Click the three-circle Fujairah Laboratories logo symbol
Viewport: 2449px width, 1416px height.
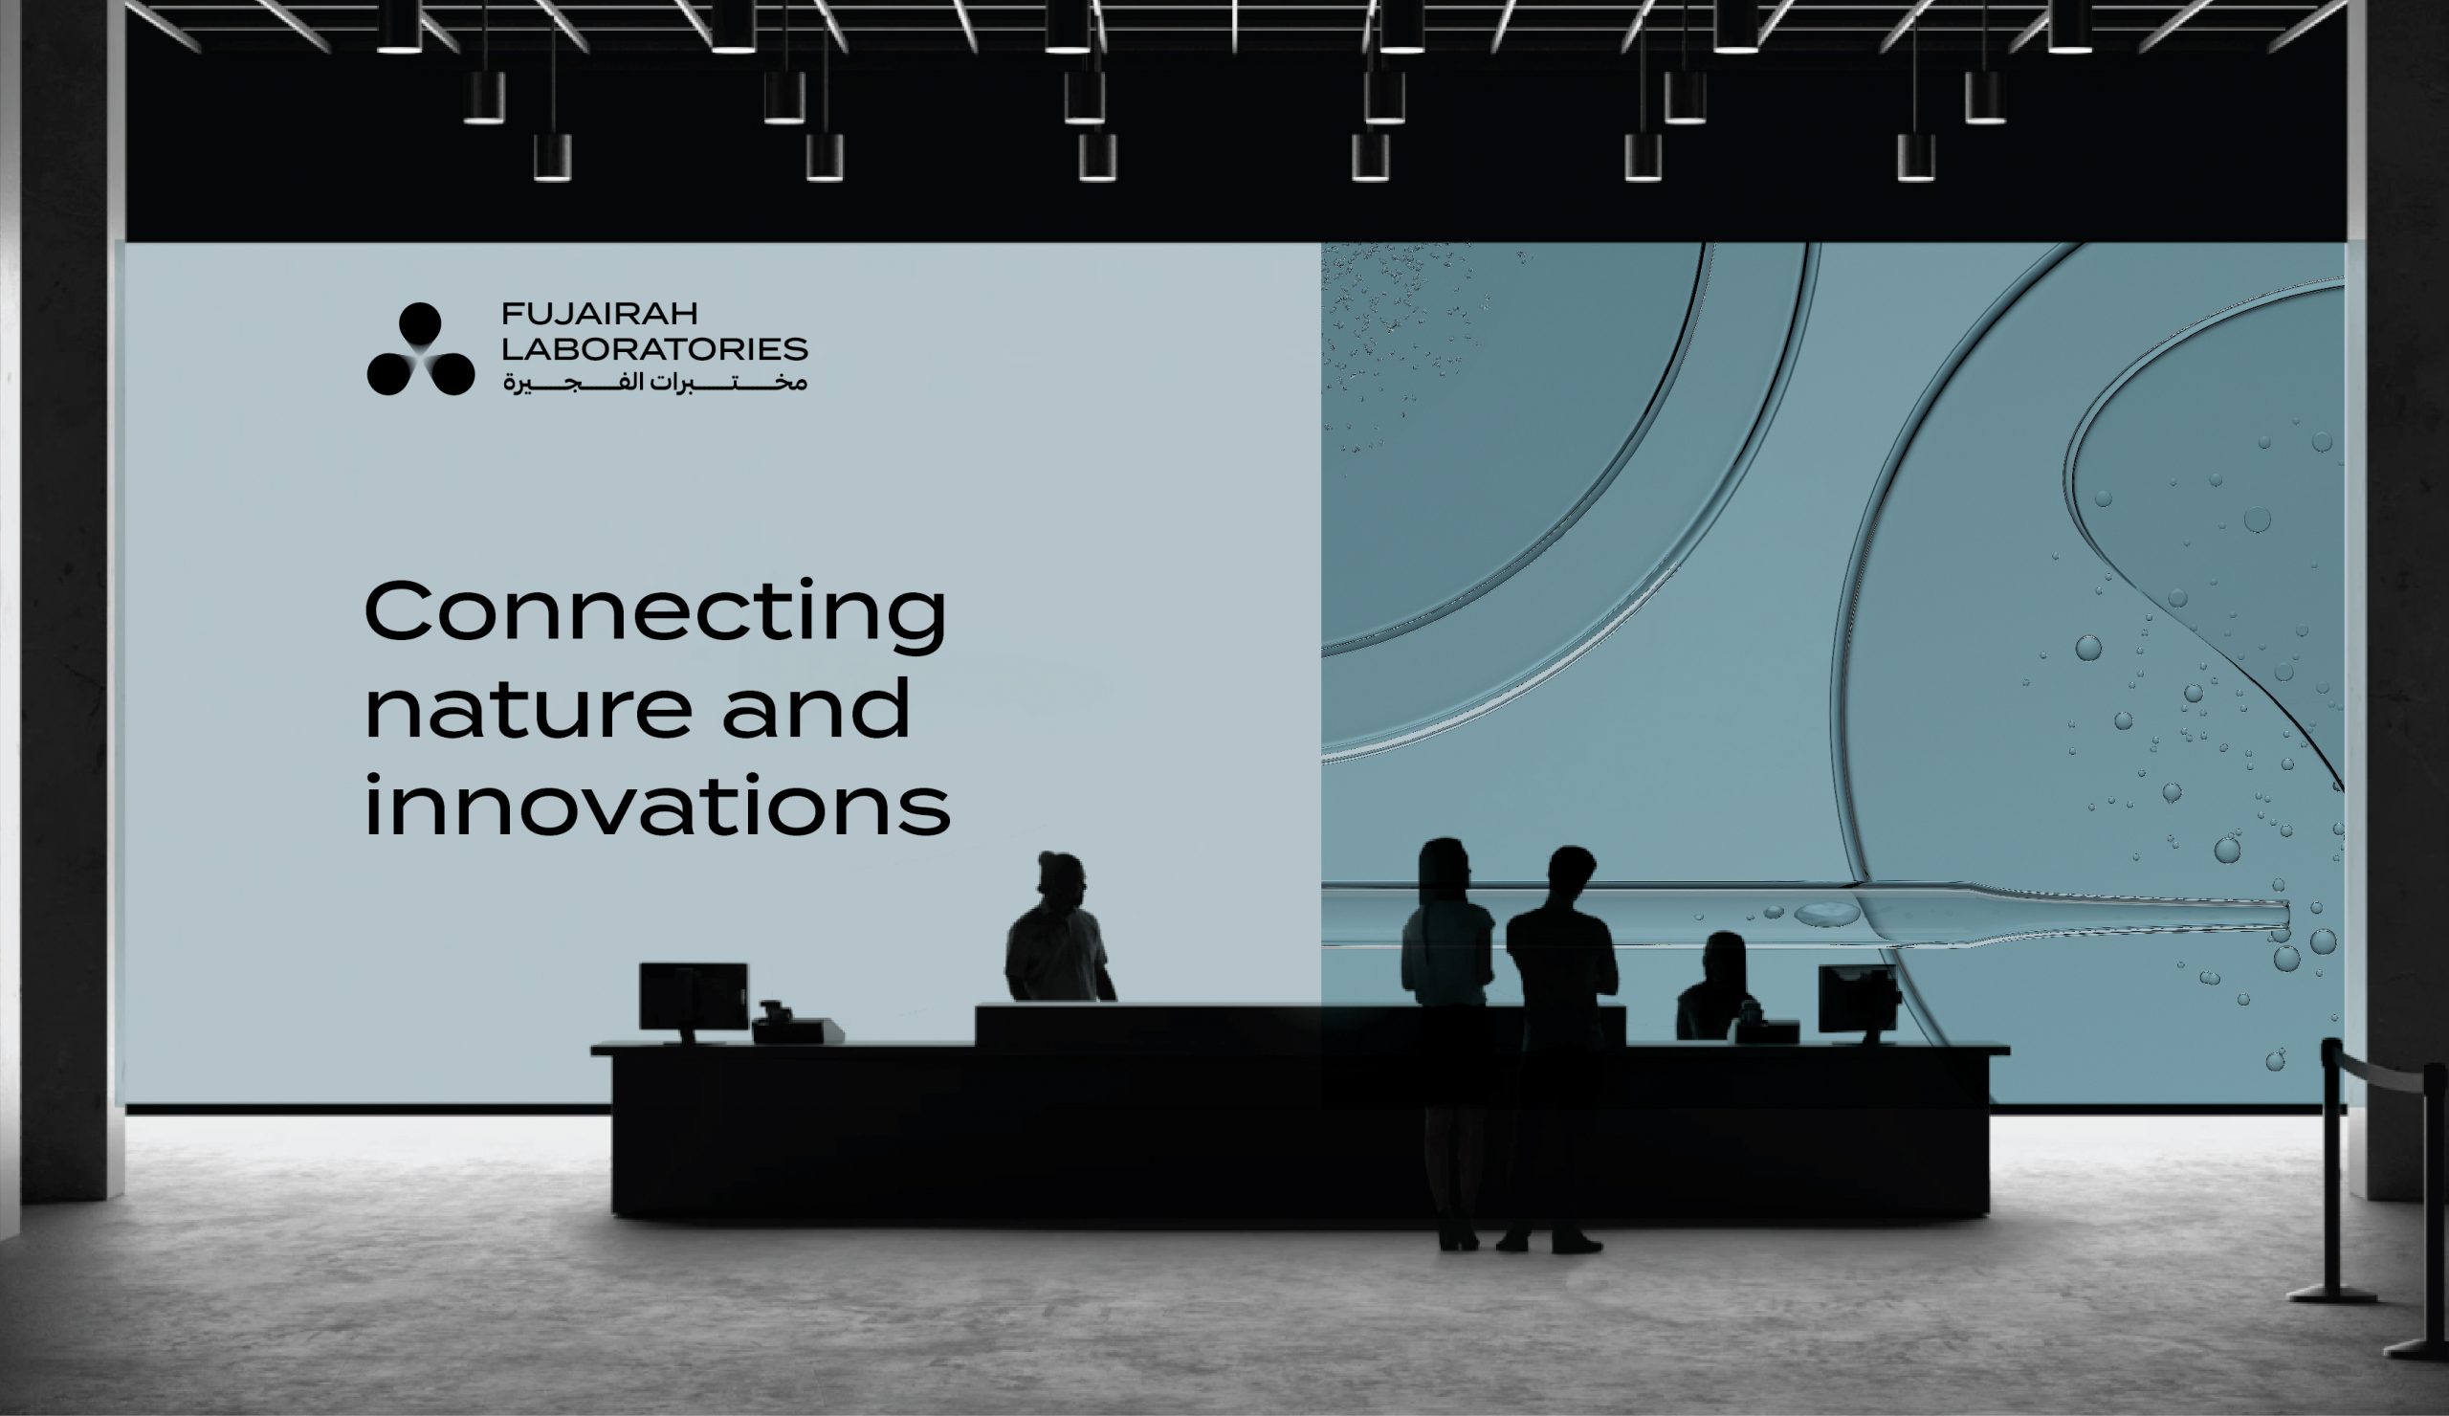[x=421, y=349]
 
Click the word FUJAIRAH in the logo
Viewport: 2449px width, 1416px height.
[x=600, y=314]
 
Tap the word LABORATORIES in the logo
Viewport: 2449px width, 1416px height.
[x=654, y=349]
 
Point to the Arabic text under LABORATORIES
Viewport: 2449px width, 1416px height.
[x=654, y=382]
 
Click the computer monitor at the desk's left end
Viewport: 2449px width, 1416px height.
[x=694, y=1000]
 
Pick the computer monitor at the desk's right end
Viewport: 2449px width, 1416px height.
[x=1858, y=1002]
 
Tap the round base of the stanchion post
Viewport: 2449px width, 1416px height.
[x=2331, y=1294]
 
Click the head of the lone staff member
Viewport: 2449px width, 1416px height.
[x=1061, y=875]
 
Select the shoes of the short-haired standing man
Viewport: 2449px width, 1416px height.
[x=1550, y=1243]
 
